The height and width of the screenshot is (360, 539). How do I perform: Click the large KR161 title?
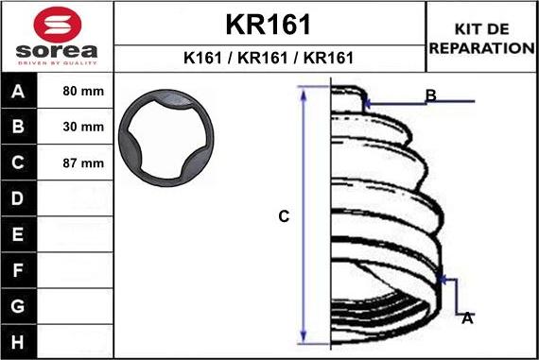pyautogui.click(x=269, y=24)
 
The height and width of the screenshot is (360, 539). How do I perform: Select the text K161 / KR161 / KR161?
pyautogui.click(x=269, y=58)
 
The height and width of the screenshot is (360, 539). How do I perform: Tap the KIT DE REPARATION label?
pyautogui.click(x=482, y=38)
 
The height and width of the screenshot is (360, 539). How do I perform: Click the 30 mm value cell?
pyautogui.click(x=83, y=128)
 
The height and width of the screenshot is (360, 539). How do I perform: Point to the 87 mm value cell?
pyautogui.click(x=83, y=163)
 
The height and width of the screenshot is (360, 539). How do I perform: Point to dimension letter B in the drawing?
pyautogui.click(x=430, y=95)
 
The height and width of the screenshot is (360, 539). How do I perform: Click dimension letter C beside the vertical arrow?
pyautogui.click(x=283, y=216)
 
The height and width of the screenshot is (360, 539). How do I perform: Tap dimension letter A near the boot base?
pyautogui.click(x=466, y=318)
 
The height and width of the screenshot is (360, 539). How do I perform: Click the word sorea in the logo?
pyautogui.click(x=56, y=49)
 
